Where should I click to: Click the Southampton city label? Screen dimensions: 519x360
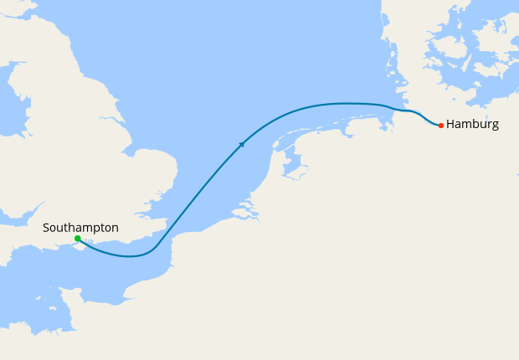pyautogui.click(x=80, y=228)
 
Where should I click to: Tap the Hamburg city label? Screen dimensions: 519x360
pyautogui.click(x=472, y=124)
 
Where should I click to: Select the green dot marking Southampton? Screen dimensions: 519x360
pyautogui.click(x=77, y=239)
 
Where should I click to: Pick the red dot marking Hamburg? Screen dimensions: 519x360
pyautogui.click(x=441, y=126)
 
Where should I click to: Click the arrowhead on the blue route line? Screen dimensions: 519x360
pyautogui.click(x=242, y=144)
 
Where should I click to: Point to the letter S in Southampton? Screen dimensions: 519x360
pyautogui.click(x=46, y=228)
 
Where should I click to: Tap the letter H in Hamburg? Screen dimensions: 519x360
pyautogui.click(x=451, y=124)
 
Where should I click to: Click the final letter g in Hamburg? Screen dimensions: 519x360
pyautogui.click(x=495, y=126)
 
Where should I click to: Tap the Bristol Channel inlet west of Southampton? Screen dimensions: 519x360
pyautogui.click(x=13, y=222)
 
